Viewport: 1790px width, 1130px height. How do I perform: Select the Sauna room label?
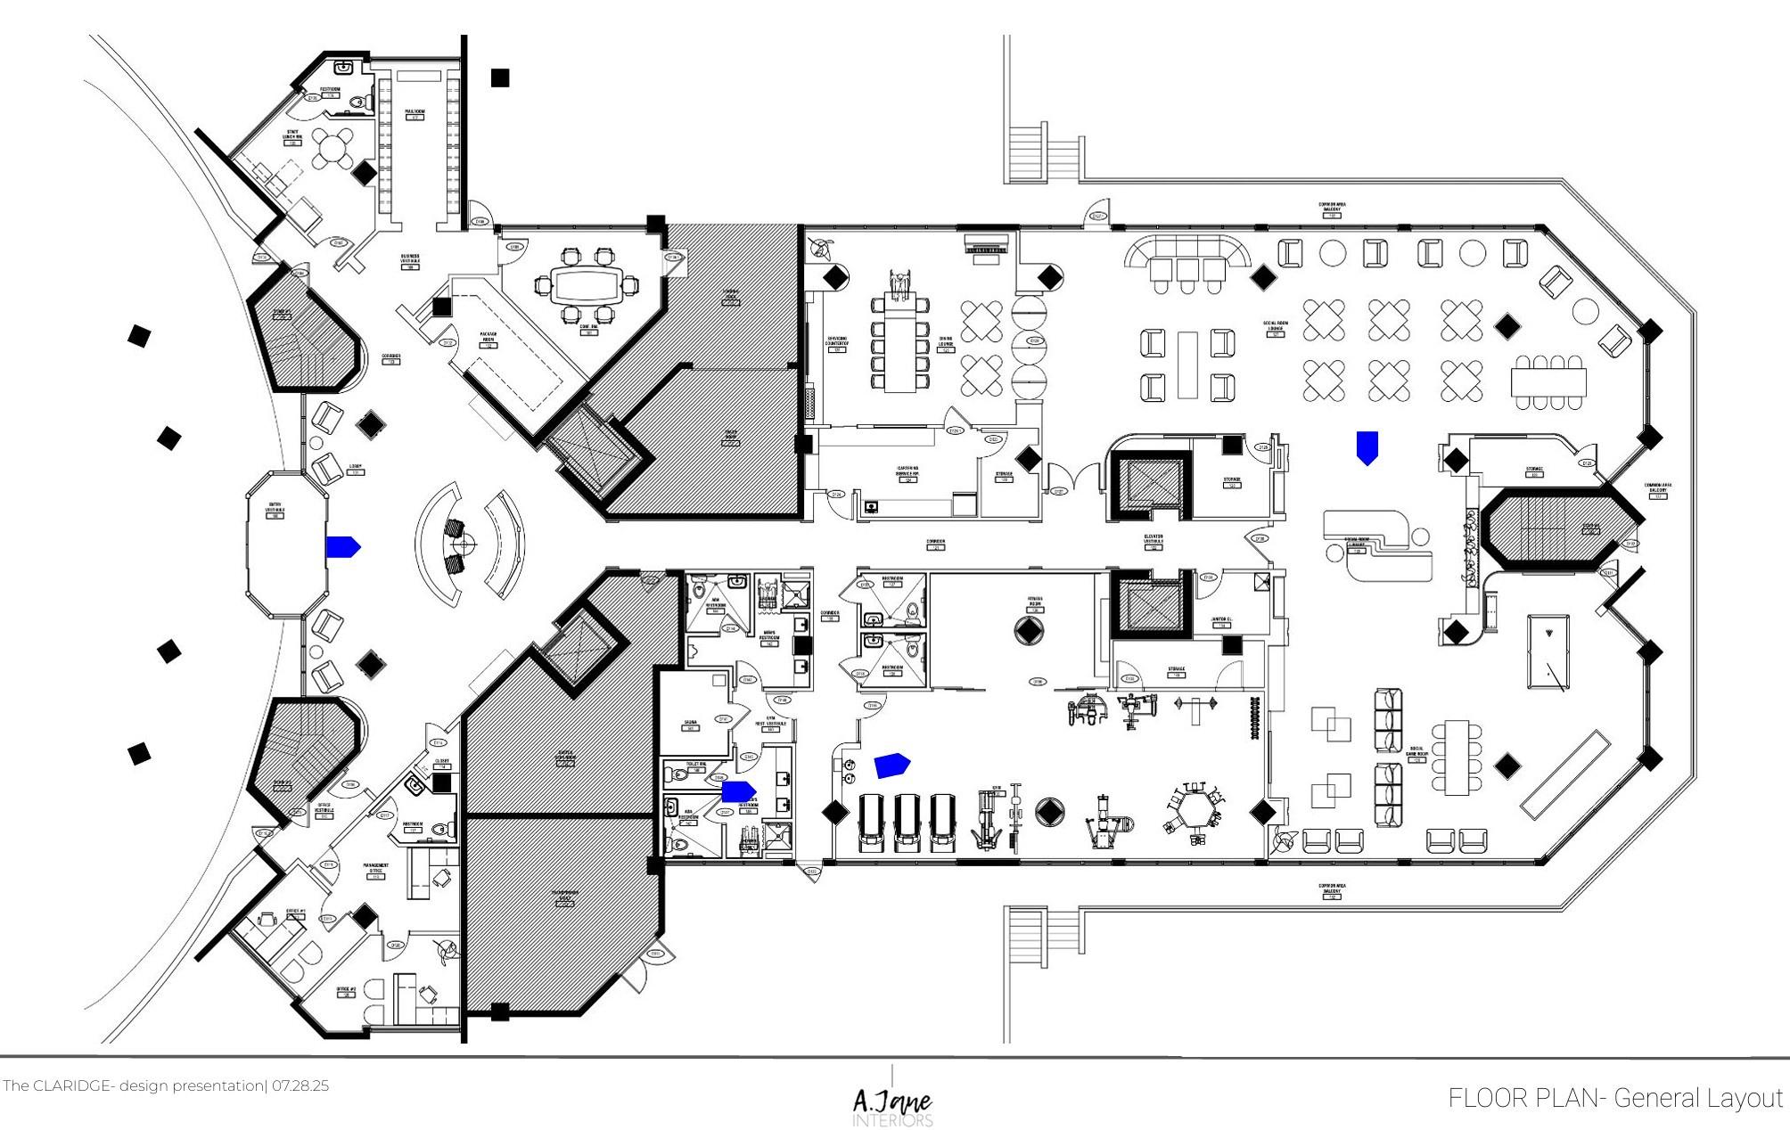click(690, 724)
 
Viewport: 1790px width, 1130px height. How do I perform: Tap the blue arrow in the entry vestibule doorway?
click(342, 546)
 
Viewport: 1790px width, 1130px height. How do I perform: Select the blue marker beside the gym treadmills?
click(891, 765)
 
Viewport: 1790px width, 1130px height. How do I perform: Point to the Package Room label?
click(489, 337)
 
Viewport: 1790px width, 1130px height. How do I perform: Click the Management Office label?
click(375, 868)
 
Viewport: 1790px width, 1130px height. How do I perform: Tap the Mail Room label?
click(415, 114)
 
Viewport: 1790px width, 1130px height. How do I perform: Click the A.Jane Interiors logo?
click(893, 1105)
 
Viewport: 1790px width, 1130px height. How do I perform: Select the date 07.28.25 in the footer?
click(300, 1086)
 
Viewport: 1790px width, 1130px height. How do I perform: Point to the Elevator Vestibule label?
click(1154, 540)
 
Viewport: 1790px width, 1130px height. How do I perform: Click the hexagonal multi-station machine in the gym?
click(1194, 810)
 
